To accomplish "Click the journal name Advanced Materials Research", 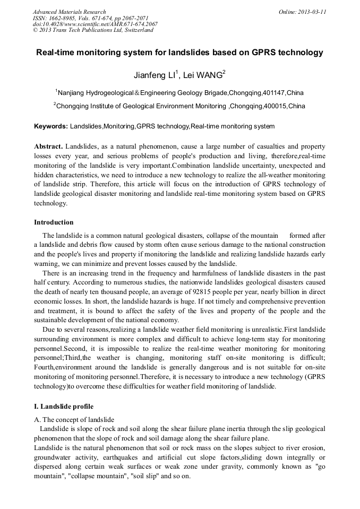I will click(70, 12).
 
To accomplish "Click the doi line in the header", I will click(95, 24).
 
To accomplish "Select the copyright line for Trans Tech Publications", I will click(93, 30).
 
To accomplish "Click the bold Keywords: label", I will click(51, 126).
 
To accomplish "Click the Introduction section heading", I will click(54, 222).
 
